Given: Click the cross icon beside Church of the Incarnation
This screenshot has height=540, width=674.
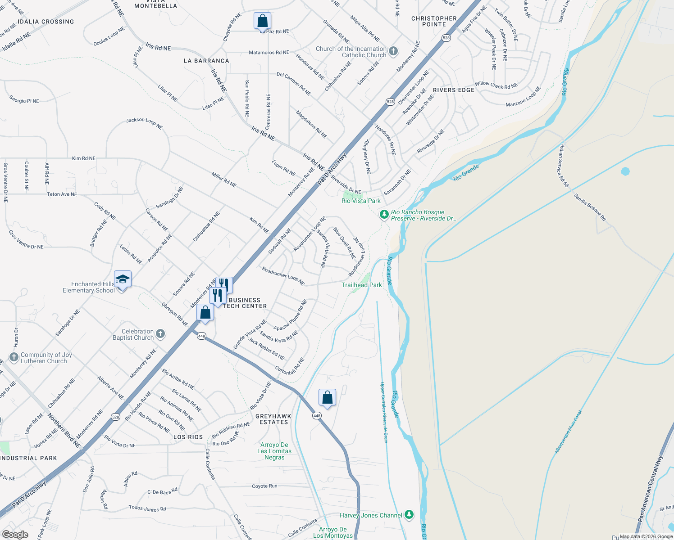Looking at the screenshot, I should pyautogui.click(x=393, y=51).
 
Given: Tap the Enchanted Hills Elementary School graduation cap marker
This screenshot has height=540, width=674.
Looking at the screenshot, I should pyautogui.click(x=123, y=280).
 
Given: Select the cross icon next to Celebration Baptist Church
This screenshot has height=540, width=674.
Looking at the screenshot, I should pyautogui.click(x=160, y=334).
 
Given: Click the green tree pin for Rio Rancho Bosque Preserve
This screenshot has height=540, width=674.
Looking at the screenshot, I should pyautogui.click(x=384, y=215).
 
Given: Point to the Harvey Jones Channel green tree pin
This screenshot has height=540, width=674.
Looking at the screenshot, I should pyautogui.click(x=409, y=514).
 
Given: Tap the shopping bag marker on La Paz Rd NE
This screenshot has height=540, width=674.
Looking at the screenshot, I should pyautogui.click(x=262, y=21).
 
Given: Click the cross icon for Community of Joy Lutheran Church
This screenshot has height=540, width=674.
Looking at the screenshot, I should pyautogui.click(x=14, y=357).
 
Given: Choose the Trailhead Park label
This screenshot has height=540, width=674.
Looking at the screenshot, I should pyautogui.click(x=361, y=285).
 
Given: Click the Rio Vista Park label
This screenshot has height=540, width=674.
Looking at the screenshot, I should pyautogui.click(x=361, y=201).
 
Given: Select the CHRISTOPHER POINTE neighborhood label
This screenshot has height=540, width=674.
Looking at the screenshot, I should pyautogui.click(x=434, y=21).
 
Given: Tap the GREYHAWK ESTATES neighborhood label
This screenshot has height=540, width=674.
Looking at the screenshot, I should pyautogui.click(x=273, y=419).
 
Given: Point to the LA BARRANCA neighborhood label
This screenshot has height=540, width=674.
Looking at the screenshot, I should pyautogui.click(x=206, y=61).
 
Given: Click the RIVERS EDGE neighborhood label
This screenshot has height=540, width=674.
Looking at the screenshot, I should pyautogui.click(x=454, y=90).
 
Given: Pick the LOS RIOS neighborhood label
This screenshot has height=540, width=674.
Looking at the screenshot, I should pyautogui.click(x=188, y=437).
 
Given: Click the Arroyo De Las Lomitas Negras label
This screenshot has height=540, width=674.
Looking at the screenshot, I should pyautogui.click(x=274, y=451).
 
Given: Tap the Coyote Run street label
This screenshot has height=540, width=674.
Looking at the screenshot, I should pyautogui.click(x=264, y=486).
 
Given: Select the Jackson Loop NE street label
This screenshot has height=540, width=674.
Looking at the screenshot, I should pyautogui.click(x=144, y=123).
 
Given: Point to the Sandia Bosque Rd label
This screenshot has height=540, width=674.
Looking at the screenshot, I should pyautogui.click(x=590, y=207).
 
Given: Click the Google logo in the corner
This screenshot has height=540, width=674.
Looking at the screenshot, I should pyautogui.click(x=15, y=535).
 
